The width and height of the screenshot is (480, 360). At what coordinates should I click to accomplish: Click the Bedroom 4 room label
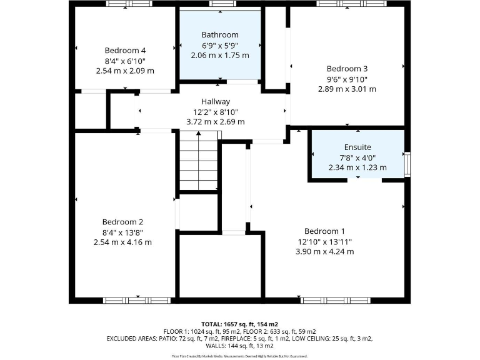pyautogui.click(x=125, y=50)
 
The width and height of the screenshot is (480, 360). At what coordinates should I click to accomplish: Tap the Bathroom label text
pyautogui.click(x=219, y=34)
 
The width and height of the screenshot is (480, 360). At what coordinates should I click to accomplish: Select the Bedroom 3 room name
pyautogui.click(x=347, y=69)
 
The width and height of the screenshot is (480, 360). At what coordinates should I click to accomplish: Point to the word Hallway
pyautogui.click(x=215, y=101)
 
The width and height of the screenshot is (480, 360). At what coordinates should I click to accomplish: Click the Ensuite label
pyautogui.click(x=357, y=147)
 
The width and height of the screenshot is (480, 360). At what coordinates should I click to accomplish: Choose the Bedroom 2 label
pyautogui.click(x=122, y=222)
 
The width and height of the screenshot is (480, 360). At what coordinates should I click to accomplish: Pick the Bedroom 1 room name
pyautogui.click(x=324, y=231)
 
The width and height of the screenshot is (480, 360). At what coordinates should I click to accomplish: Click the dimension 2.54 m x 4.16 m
pyautogui.click(x=122, y=242)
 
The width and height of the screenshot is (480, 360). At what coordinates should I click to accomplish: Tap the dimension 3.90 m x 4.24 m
pyautogui.click(x=324, y=251)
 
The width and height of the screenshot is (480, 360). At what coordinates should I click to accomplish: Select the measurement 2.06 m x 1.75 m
pyautogui.click(x=219, y=55)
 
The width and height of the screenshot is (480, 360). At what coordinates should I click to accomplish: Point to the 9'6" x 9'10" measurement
pyautogui.click(x=347, y=79)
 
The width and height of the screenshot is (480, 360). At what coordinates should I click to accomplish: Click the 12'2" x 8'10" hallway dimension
pyautogui.click(x=215, y=112)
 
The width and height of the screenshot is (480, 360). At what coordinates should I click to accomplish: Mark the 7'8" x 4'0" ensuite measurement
pyautogui.click(x=357, y=157)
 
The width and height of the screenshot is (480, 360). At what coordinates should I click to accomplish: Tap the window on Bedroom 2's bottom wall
pyautogui.click(x=136, y=301)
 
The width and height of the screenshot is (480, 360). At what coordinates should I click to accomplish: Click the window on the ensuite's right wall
pyautogui.click(x=407, y=163)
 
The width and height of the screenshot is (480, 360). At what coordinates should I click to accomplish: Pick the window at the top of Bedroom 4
pyautogui.click(x=128, y=4)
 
